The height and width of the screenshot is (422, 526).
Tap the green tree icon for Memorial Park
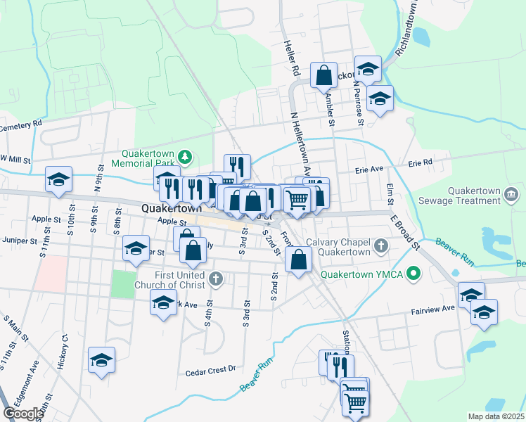click(x=185, y=155)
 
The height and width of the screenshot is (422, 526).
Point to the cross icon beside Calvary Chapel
click(x=381, y=246)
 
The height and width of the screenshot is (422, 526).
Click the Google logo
click(x=23, y=414)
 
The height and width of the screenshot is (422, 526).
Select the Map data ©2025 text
click(x=496, y=416)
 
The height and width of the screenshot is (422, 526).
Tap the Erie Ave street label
click(x=368, y=170)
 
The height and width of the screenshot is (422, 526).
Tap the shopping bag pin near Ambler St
click(x=323, y=77)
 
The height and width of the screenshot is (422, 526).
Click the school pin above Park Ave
click(x=164, y=304)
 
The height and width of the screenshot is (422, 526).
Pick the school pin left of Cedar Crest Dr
click(x=101, y=361)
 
